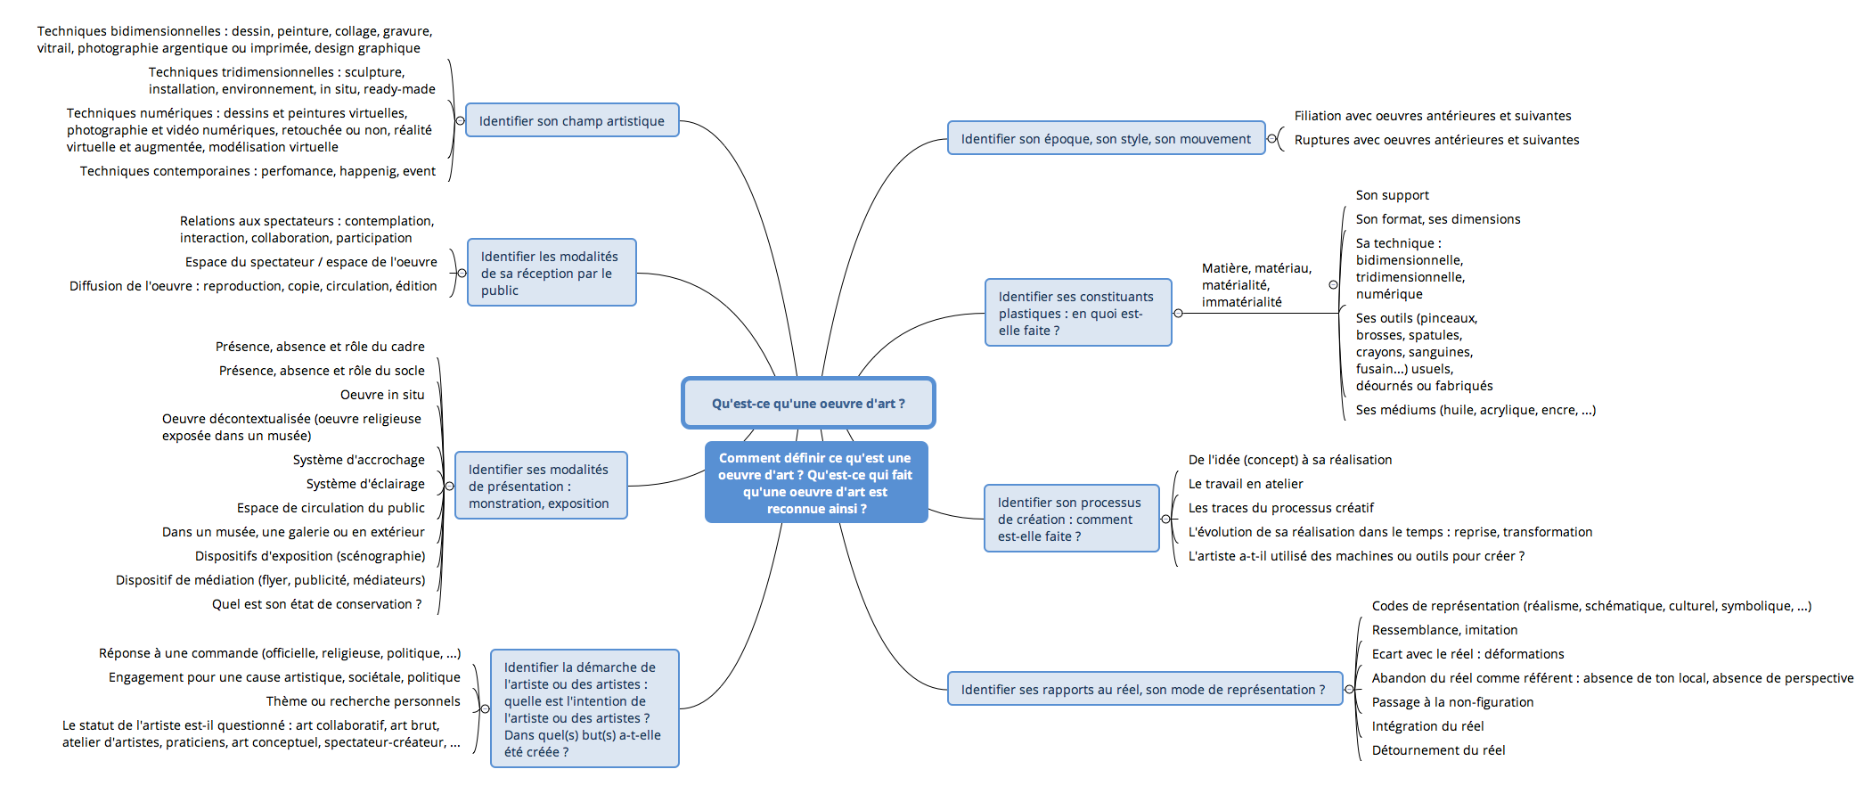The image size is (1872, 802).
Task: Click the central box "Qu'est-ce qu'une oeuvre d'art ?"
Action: click(808, 403)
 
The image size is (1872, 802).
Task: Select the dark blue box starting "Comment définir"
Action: click(816, 482)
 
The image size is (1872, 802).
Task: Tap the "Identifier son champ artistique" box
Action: click(572, 120)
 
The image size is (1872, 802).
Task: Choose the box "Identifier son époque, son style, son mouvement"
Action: click(1106, 138)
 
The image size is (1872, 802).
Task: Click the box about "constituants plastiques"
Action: click(1078, 313)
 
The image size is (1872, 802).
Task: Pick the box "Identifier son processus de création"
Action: click(1072, 519)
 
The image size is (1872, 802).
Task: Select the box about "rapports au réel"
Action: click(1145, 689)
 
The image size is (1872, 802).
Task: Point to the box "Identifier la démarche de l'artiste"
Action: click(584, 708)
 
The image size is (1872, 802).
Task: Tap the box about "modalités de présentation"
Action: click(541, 486)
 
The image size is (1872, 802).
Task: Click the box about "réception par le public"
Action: click(552, 273)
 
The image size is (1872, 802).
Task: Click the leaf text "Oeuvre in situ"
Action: click(382, 395)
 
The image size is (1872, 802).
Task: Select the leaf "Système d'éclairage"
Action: click(365, 484)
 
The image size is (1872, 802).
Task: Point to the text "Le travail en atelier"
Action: click(1246, 484)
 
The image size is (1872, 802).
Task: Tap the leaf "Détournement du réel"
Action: click(1438, 750)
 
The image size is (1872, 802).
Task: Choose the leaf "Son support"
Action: click(1392, 195)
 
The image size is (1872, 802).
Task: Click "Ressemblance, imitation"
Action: click(1444, 630)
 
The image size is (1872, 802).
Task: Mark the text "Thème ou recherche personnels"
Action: click(364, 701)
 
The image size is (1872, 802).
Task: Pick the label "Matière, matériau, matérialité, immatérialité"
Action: click(1256, 285)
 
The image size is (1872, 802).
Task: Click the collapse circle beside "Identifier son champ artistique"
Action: click(460, 120)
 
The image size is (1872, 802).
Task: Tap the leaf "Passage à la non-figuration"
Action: click(1452, 702)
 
